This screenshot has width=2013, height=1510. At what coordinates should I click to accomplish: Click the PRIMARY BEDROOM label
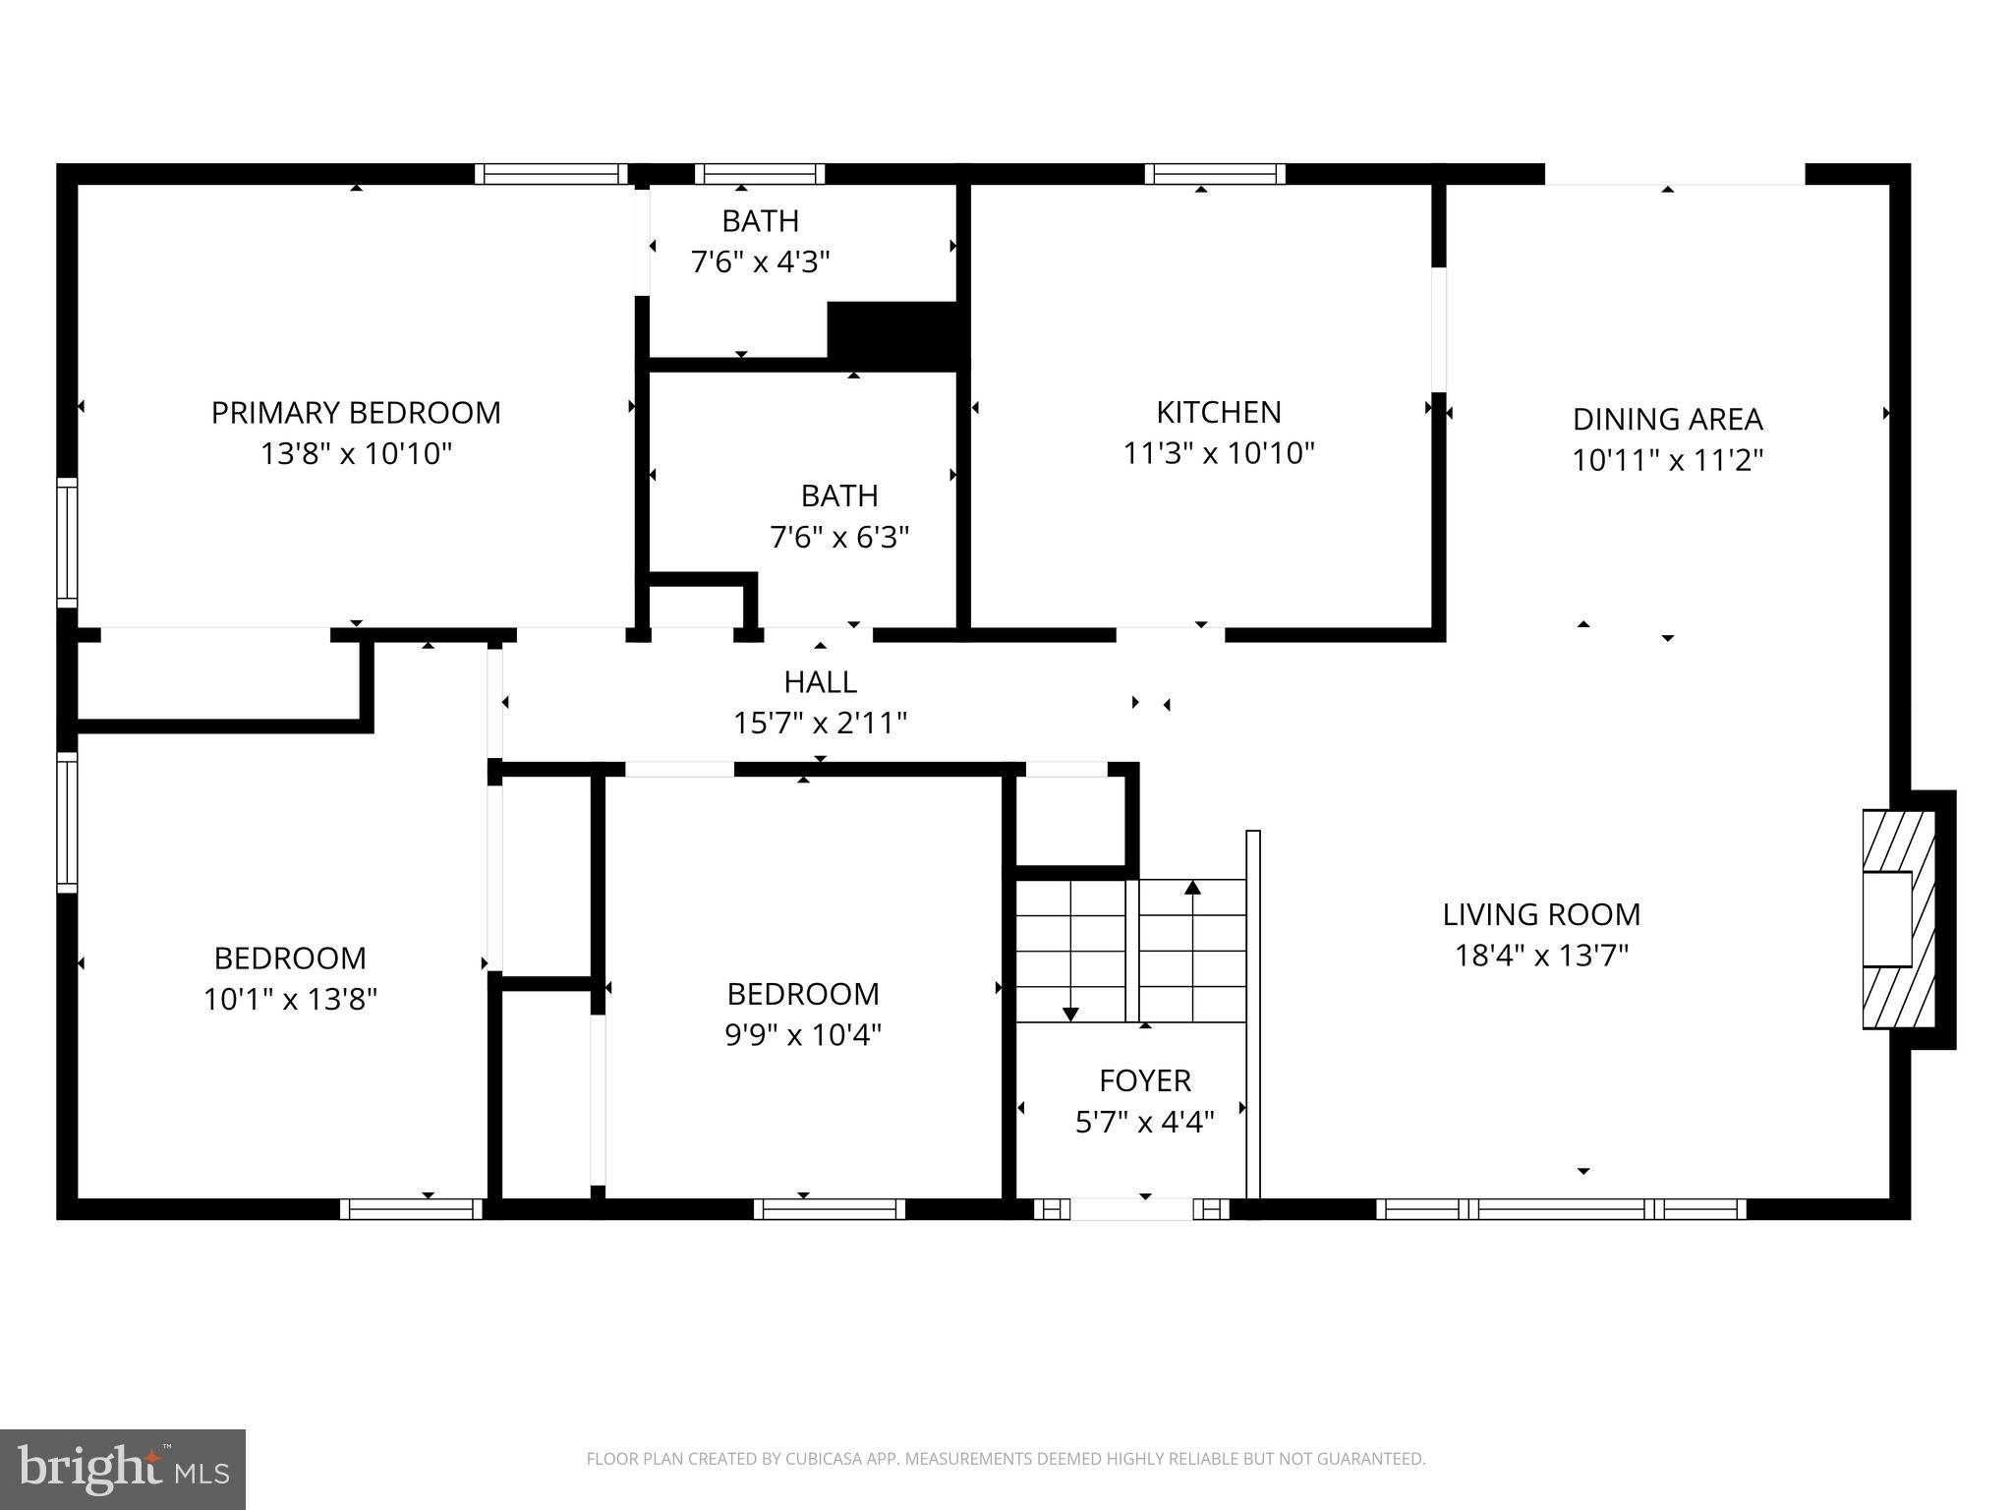[x=356, y=412]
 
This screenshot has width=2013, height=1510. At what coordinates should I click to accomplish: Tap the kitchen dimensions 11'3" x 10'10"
[x=1219, y=453]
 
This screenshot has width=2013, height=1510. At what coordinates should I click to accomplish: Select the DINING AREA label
[x=1667, y=419]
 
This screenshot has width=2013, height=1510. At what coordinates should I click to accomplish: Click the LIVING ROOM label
[x=1541, y=914]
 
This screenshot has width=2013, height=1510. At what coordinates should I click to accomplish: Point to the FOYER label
[x=1145, y=1080]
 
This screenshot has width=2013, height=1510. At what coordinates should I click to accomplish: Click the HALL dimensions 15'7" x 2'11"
[x=820, y=724]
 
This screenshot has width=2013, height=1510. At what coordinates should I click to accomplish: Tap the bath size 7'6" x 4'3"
[x=760, y=262]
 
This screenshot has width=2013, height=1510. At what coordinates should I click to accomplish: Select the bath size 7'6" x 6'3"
[x=838, y=538]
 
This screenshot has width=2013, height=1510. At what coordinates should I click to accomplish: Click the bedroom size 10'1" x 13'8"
[x=290, y=1000]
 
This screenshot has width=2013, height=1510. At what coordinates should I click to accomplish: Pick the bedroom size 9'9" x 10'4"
[x=803, y=1035]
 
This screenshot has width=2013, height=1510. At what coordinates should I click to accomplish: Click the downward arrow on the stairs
[x=1070, y=1013]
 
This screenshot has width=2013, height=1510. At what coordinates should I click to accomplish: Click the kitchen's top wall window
[x=1215, y=174]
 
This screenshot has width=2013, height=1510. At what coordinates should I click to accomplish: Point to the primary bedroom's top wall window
[x=551, y=174]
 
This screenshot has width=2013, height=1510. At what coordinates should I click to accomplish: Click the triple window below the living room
[x=1561, y=1209]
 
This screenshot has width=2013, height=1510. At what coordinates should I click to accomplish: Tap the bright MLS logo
[x=123, y=1470]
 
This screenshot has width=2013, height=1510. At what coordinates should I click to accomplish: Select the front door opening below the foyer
[x=1131, y=1209]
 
